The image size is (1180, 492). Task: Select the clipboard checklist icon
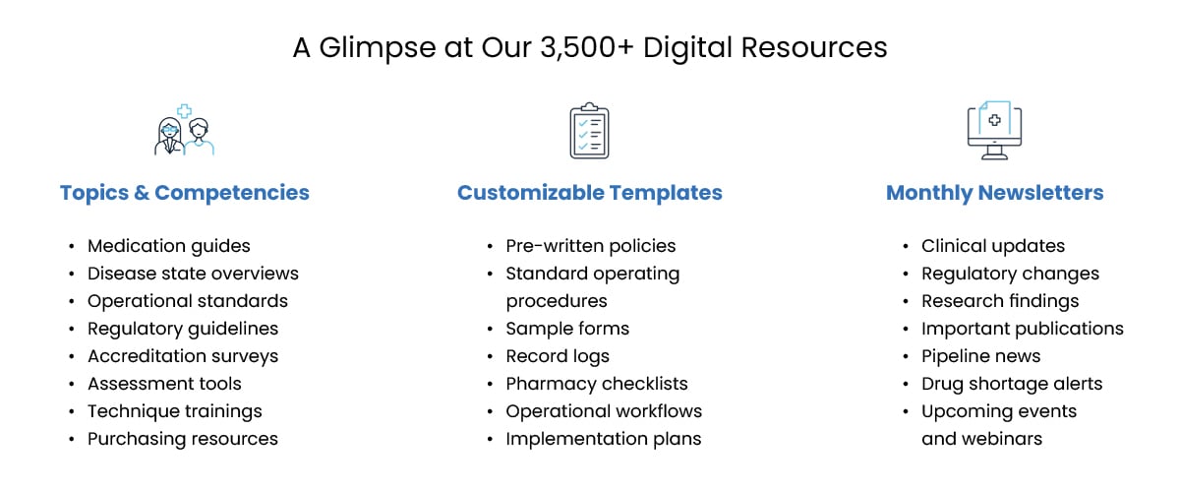(x=589, y=131)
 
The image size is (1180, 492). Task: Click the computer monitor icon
(x=994, y=131)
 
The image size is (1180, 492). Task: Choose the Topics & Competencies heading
(x=185, y=193)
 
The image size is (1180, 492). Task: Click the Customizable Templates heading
(x=590, y=193)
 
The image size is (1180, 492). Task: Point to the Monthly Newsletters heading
(x=994, y=193)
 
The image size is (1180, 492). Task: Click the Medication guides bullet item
(x=169, y=246)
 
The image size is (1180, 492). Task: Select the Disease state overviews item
(x=193, y=274)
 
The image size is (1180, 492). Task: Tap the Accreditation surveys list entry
(x=183, y=356)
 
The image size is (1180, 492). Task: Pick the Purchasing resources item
(x=183, y=439)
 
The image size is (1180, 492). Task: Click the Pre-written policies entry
(x=591, y=246)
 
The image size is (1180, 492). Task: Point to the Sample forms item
(x=567, y=329)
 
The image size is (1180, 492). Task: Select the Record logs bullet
(x=558, y=356)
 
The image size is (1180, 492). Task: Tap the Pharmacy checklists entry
(x=597, y=384)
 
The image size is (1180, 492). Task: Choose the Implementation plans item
(x=604, y=439)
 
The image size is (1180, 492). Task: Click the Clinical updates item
(x=993, y=246)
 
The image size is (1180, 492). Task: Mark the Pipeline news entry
(x=980, y=356)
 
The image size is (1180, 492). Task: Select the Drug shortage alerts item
(x=1012, y=384)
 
